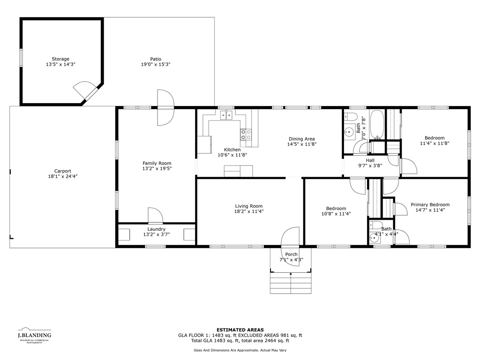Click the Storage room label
60,59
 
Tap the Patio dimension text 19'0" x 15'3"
156,65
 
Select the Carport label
62,171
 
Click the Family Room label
157,163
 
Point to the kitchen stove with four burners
246,135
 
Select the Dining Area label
301,139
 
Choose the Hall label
370,160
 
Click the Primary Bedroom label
430,204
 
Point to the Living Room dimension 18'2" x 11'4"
249,212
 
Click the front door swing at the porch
290,237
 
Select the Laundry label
157,229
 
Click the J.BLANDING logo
34,335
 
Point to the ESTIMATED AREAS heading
240,330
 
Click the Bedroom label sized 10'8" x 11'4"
336,209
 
